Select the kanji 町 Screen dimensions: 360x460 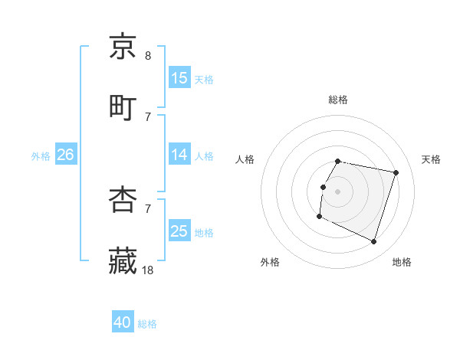click(x=123, y=107)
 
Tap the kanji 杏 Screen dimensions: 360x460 click(x=123, y=201)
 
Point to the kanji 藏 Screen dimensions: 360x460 click(x=123, y=260)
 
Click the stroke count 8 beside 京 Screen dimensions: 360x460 click(x=148, y=56)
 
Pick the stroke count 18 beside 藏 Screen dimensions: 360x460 click(x=149, y=270)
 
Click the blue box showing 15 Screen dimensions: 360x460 click(x=179, y=77)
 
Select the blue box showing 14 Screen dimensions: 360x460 click(x=179, y=154)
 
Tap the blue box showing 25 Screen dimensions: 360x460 click(x=179, y=231)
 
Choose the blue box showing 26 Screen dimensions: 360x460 click(x=65, y=154)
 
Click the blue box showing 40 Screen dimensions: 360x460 click(x=123, y=322)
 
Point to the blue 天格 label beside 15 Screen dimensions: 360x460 click(x=204, y=79)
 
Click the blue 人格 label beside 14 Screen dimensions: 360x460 click(x=204, y=155)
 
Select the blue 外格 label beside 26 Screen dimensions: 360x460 click(x=41, y=155)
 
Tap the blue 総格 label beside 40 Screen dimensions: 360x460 click(x=147, y=324)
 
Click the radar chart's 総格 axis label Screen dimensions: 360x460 click(x=338, y=100)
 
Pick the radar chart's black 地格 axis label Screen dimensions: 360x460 click(x=402, y=262)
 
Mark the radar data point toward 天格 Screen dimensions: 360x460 click(x=396, y=173)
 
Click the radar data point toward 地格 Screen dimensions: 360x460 click(x=373, y=242)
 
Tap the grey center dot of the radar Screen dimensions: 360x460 click(x=338, y=191)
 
